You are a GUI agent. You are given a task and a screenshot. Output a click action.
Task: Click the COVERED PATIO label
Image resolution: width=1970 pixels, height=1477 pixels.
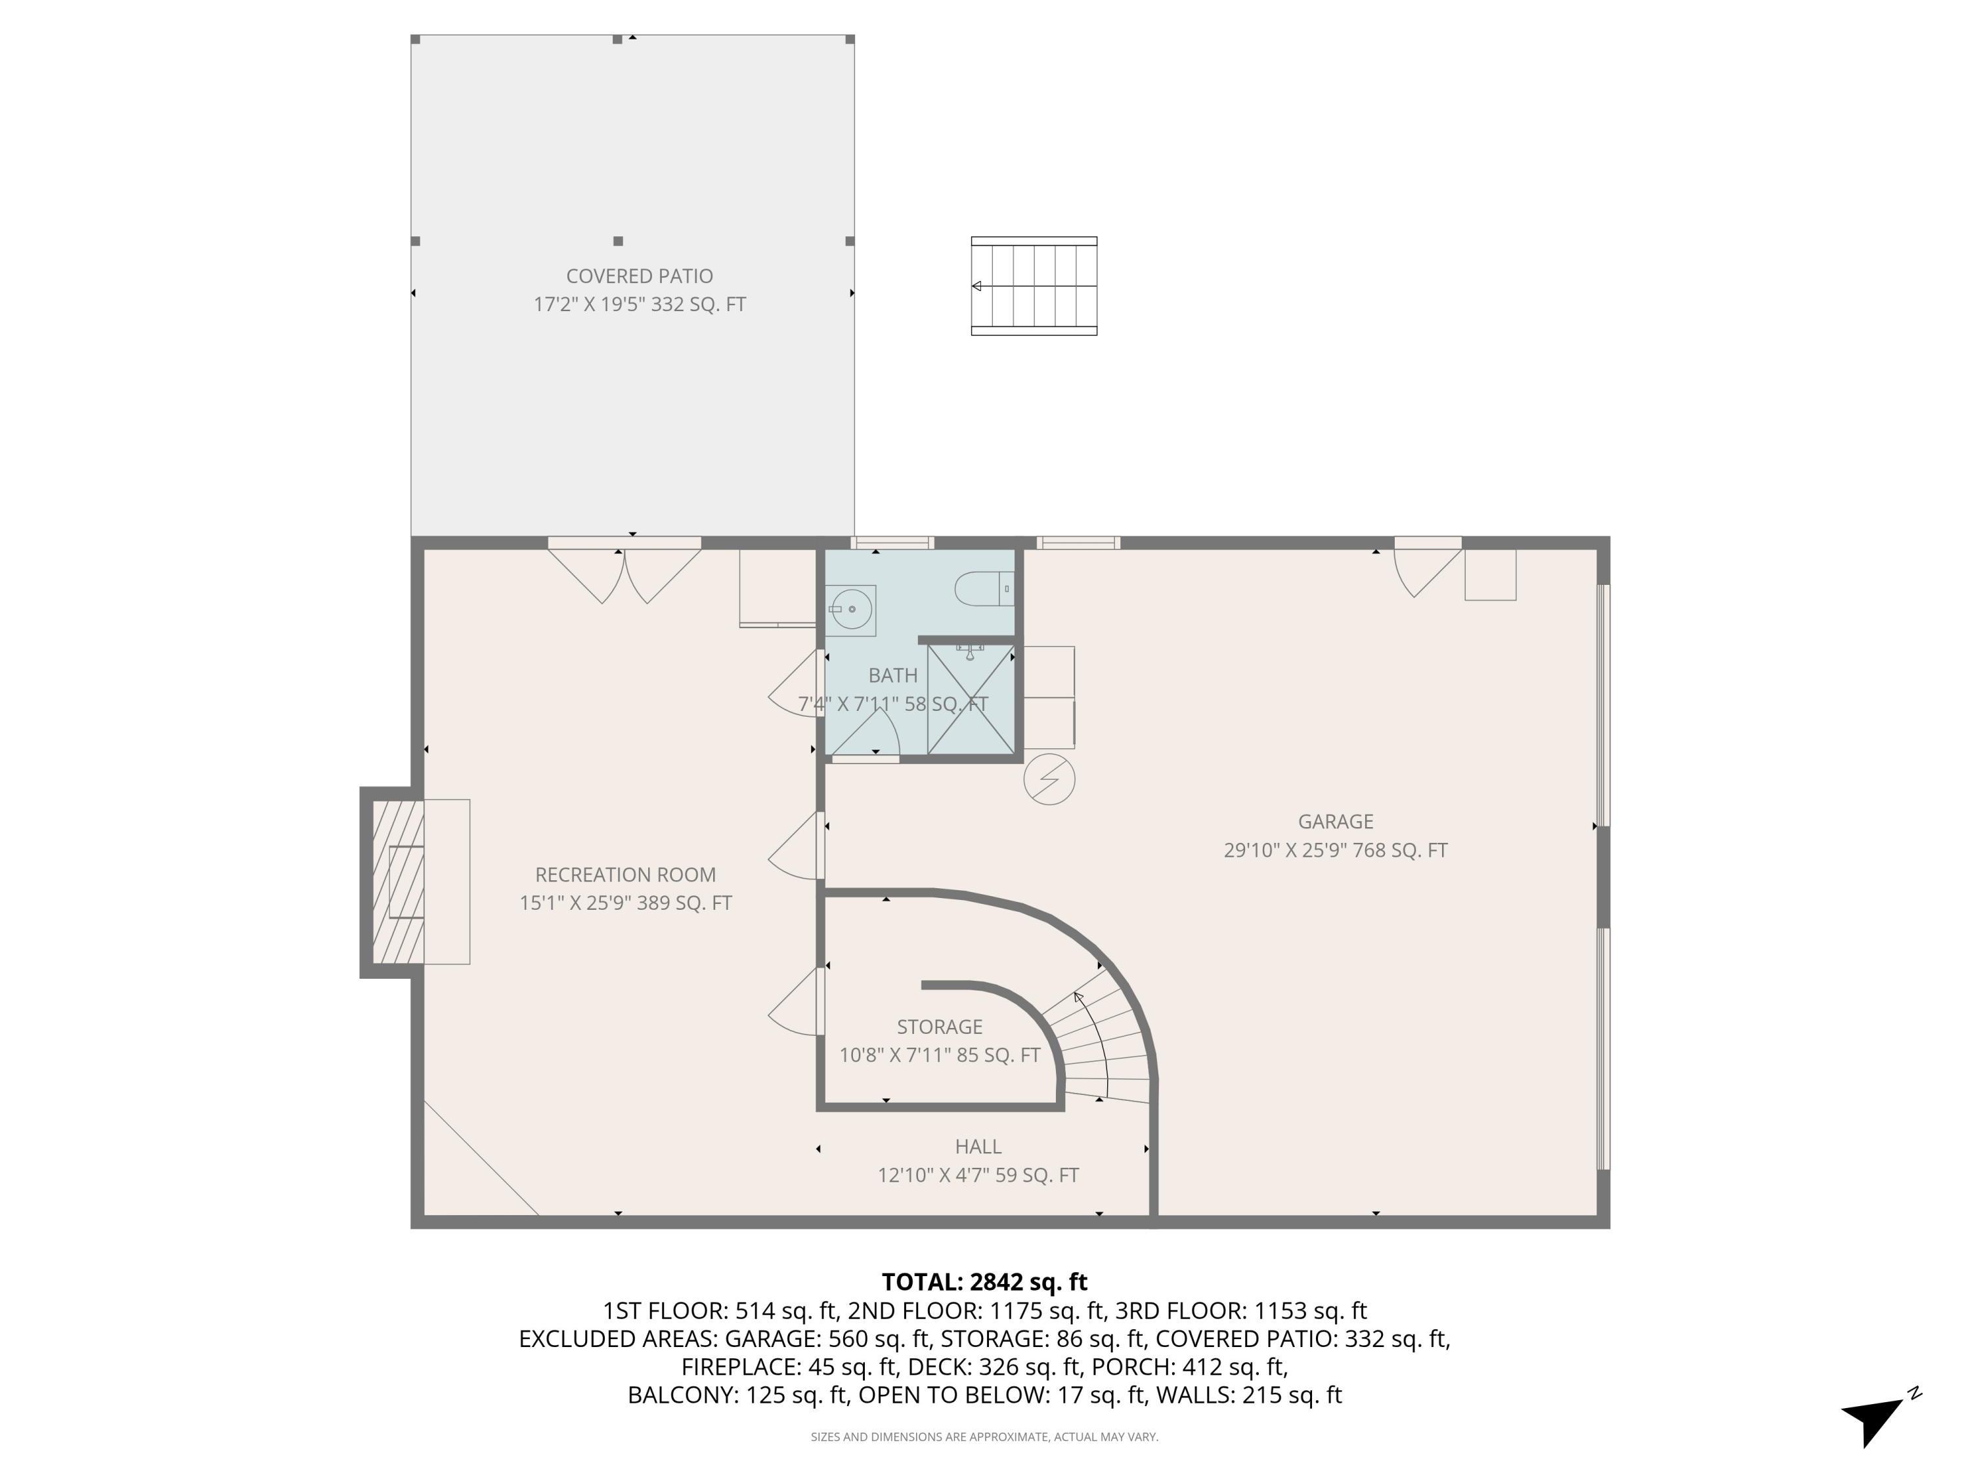(x=640, y=276)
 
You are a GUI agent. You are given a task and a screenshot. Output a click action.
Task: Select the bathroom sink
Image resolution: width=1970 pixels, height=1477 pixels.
(x=852, y=610)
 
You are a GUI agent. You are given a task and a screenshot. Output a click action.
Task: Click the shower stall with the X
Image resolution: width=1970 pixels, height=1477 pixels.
(x=971, y=700)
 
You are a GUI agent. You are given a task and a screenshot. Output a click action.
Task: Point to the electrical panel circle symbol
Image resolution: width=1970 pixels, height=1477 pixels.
(x=1049, y=780)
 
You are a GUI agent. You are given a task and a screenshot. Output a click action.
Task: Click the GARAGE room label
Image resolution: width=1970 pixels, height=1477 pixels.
(x=1335, y=822)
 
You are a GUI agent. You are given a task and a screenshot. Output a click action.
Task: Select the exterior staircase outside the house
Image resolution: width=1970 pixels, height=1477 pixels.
(x=1034, y=286)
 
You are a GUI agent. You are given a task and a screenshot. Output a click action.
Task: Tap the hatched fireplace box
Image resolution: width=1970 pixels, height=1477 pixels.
(x=398, y=882)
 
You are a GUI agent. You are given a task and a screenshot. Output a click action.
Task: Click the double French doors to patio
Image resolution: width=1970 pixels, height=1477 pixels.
(x=624, y=574)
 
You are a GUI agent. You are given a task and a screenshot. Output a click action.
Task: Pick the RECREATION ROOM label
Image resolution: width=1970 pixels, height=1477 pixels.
(x=625, y=874)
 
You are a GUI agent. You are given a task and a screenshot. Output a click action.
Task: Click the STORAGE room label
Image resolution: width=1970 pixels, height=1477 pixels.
(x=940, y=1027)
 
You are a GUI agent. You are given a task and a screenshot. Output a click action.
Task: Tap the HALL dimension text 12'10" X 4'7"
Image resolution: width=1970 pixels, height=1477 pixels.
(x=978, y=1175)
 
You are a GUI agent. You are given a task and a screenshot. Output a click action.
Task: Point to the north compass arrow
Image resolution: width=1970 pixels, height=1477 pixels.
(x=1873, y=1417)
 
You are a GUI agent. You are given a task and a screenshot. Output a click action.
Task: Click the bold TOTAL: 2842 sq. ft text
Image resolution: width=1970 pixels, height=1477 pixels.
(x=984, y=1282)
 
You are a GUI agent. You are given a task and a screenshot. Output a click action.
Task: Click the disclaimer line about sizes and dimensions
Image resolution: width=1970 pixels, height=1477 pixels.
(x=984, y=1437)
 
